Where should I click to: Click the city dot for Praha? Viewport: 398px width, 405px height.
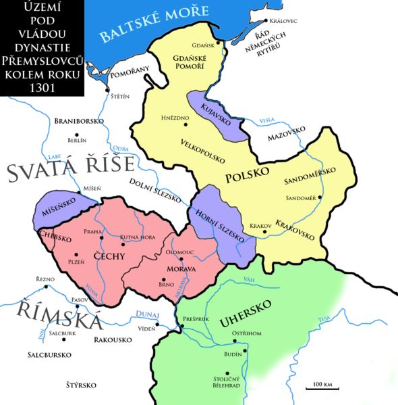tap(101, 238)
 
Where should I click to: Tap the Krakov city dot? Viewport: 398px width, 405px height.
tap(264, 232)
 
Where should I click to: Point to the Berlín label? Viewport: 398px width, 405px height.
tap(77, 141)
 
